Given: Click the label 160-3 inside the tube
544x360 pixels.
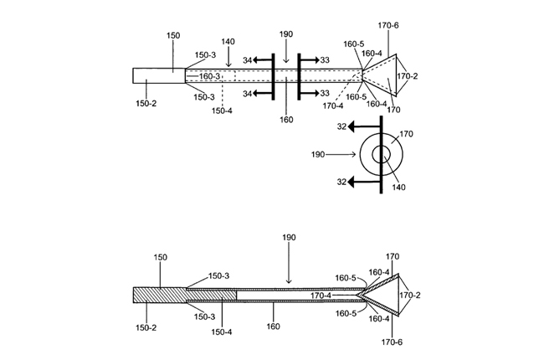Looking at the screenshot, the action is coord(209,75).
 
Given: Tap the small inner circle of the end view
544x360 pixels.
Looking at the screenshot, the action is coord(372,155).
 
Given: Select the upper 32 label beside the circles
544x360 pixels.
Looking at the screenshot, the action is coord(341,126).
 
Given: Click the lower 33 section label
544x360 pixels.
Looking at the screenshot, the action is coord(325,93).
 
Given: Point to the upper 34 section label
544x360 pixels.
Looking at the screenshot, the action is coord(247,60).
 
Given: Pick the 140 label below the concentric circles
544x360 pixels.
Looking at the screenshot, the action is coord(398,188).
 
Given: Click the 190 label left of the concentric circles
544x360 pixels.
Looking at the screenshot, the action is coord(318,155).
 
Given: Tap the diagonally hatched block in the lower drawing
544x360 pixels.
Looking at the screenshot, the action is coord(185,295).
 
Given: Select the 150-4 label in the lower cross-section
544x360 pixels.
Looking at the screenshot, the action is coord(222,332).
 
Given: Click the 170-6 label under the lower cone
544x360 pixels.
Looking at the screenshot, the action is coord(392,342).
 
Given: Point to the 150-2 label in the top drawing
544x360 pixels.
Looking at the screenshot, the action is coord(146,104).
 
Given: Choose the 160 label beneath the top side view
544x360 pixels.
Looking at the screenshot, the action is coord(286,120).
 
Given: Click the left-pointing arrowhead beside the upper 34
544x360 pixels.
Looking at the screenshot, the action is coord(255,60).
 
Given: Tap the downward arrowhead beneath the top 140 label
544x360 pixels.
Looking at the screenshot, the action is coord(228,64).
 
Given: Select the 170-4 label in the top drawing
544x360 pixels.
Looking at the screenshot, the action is coord(333,105).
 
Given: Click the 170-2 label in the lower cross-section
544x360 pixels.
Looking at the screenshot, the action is coord(410,295).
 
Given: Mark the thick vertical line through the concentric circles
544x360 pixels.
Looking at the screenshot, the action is coord(382,155).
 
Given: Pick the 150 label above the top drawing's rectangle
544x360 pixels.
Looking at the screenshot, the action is coord(173,35).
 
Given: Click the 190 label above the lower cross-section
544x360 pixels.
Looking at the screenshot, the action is coord(289,238).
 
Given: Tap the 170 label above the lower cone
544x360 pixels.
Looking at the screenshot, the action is coord(393,256).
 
